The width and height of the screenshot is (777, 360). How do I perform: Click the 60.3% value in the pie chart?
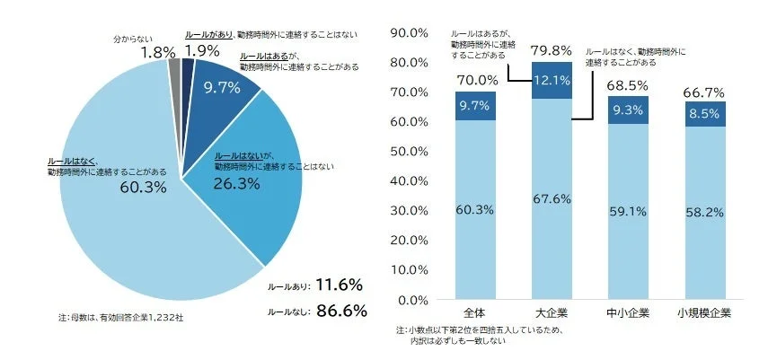point(144,187)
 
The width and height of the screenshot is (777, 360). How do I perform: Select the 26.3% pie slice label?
point(236,184)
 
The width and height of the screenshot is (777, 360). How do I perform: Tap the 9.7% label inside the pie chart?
point(221,87)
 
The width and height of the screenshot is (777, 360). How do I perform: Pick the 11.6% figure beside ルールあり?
point(340,285)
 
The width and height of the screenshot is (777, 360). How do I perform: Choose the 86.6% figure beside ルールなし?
point(340,311)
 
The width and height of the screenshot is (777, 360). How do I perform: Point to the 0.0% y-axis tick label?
point(408,299)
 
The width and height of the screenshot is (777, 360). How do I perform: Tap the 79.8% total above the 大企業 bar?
point(552,49)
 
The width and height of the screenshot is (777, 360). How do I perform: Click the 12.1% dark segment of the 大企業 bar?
point(552,80)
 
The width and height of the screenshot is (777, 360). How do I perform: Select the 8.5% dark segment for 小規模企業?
point(704,114)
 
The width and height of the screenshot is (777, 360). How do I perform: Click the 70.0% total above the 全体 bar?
point(476,79)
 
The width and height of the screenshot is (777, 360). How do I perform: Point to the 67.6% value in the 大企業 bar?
point(552,199)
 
